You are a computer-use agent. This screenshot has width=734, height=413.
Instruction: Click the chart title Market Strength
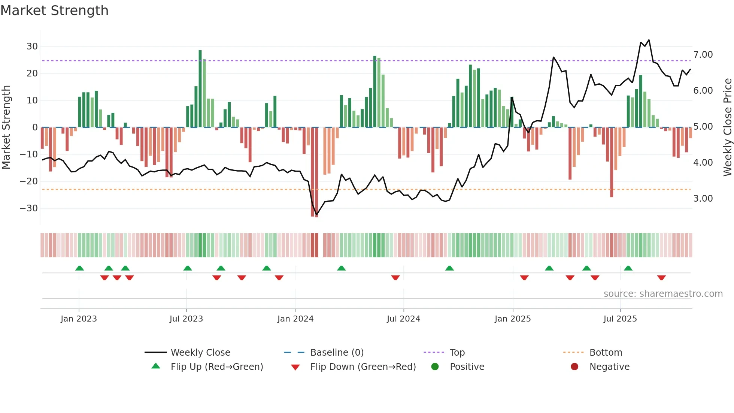click(54, 10)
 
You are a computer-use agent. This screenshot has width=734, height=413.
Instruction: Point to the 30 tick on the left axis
click(32, 46)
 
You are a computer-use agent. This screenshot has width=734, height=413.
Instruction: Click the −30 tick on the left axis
click(29, 208)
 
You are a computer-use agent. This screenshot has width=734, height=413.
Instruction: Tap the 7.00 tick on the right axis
click(703, 55)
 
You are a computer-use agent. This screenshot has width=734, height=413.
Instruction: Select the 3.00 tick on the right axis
click(703, 199)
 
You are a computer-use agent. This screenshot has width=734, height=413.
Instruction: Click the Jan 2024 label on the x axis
click(295, 319)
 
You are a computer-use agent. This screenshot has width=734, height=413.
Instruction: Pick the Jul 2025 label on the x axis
click(620, 319)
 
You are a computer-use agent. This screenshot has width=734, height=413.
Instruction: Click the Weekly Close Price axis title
click(727, 127)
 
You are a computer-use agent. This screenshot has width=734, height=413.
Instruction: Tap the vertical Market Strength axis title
click(6, 127)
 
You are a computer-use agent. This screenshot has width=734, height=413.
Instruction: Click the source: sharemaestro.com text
click(663, 294)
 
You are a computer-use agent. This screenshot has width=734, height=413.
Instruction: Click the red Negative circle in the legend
click(574, 367)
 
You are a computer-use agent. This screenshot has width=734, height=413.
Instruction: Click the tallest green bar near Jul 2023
click(200, 88)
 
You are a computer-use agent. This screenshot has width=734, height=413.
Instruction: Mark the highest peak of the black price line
click(649, 40)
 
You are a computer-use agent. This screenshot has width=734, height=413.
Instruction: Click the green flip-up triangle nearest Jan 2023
click(79, 268)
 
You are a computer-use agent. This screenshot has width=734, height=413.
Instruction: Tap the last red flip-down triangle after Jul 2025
click(661, 278)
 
